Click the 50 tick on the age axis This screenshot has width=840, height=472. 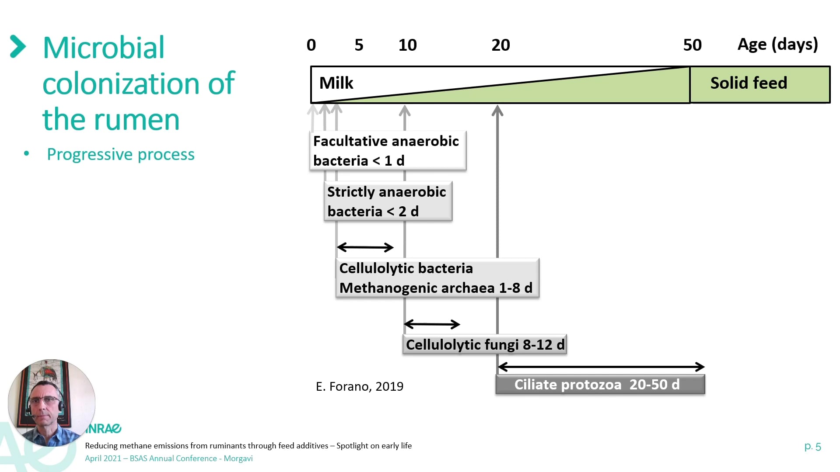coord(692,45)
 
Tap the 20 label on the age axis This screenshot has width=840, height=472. coord(500,45)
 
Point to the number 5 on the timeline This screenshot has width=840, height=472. coord(359,45)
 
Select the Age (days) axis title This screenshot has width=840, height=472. coord(777,45)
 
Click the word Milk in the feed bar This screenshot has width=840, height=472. coord(336,83)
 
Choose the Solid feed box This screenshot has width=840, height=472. coord(760,84)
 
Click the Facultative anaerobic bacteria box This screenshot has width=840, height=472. coord(388,150)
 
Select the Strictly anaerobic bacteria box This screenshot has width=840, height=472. coord(388,201)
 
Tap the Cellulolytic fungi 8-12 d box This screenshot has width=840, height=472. coord(485,344)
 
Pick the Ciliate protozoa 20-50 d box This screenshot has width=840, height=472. coord(600,385)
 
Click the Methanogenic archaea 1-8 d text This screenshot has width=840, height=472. coord(436,288)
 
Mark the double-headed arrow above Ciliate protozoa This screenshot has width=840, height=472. coord(601,367)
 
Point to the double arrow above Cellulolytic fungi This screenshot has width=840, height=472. coord(432,324)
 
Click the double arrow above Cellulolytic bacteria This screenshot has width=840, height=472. coord(365,247)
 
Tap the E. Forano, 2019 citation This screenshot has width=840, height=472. coord(360,386)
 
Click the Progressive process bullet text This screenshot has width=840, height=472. coord(121,154)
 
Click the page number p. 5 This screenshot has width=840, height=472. coord(812,447)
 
